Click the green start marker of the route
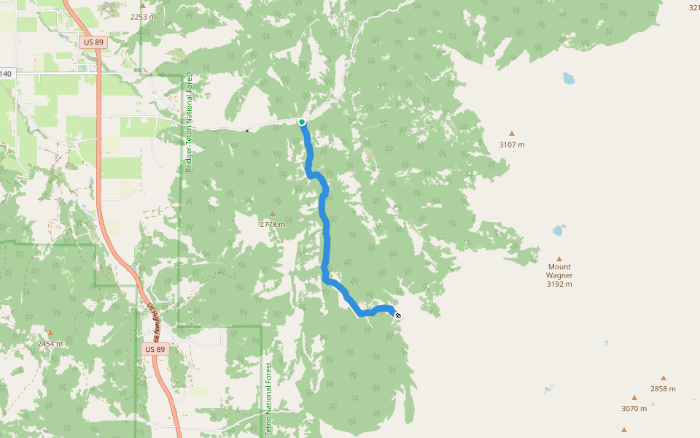click(302, 122)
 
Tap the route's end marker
click(397, 315)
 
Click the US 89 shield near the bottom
click(156, 350)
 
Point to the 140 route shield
click(6, 74)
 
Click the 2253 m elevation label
click(143, 16)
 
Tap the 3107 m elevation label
click(512, 145)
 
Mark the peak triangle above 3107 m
click(512, 134)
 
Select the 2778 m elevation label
click(273, 224)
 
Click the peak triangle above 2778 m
click(273, 214)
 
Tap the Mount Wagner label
click(559, 271)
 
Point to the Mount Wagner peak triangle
click(559, 258)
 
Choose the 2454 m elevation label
click(50, 343)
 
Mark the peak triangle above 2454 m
click(50, 333)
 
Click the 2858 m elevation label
click(663, 388)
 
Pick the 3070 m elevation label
click(634, 408)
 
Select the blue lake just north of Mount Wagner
click(559, 231)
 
